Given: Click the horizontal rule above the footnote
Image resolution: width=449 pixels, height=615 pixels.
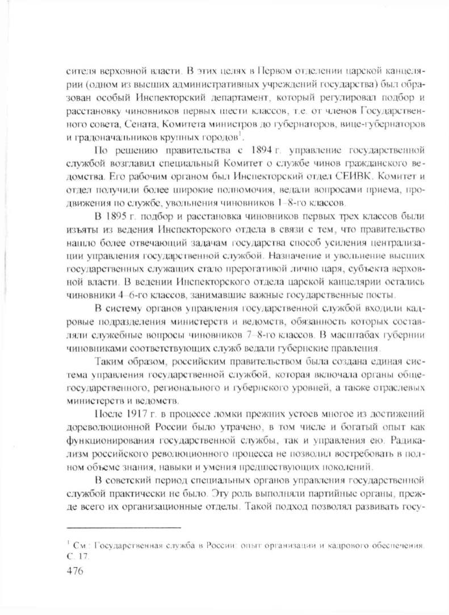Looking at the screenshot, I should (x=123, y=528).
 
